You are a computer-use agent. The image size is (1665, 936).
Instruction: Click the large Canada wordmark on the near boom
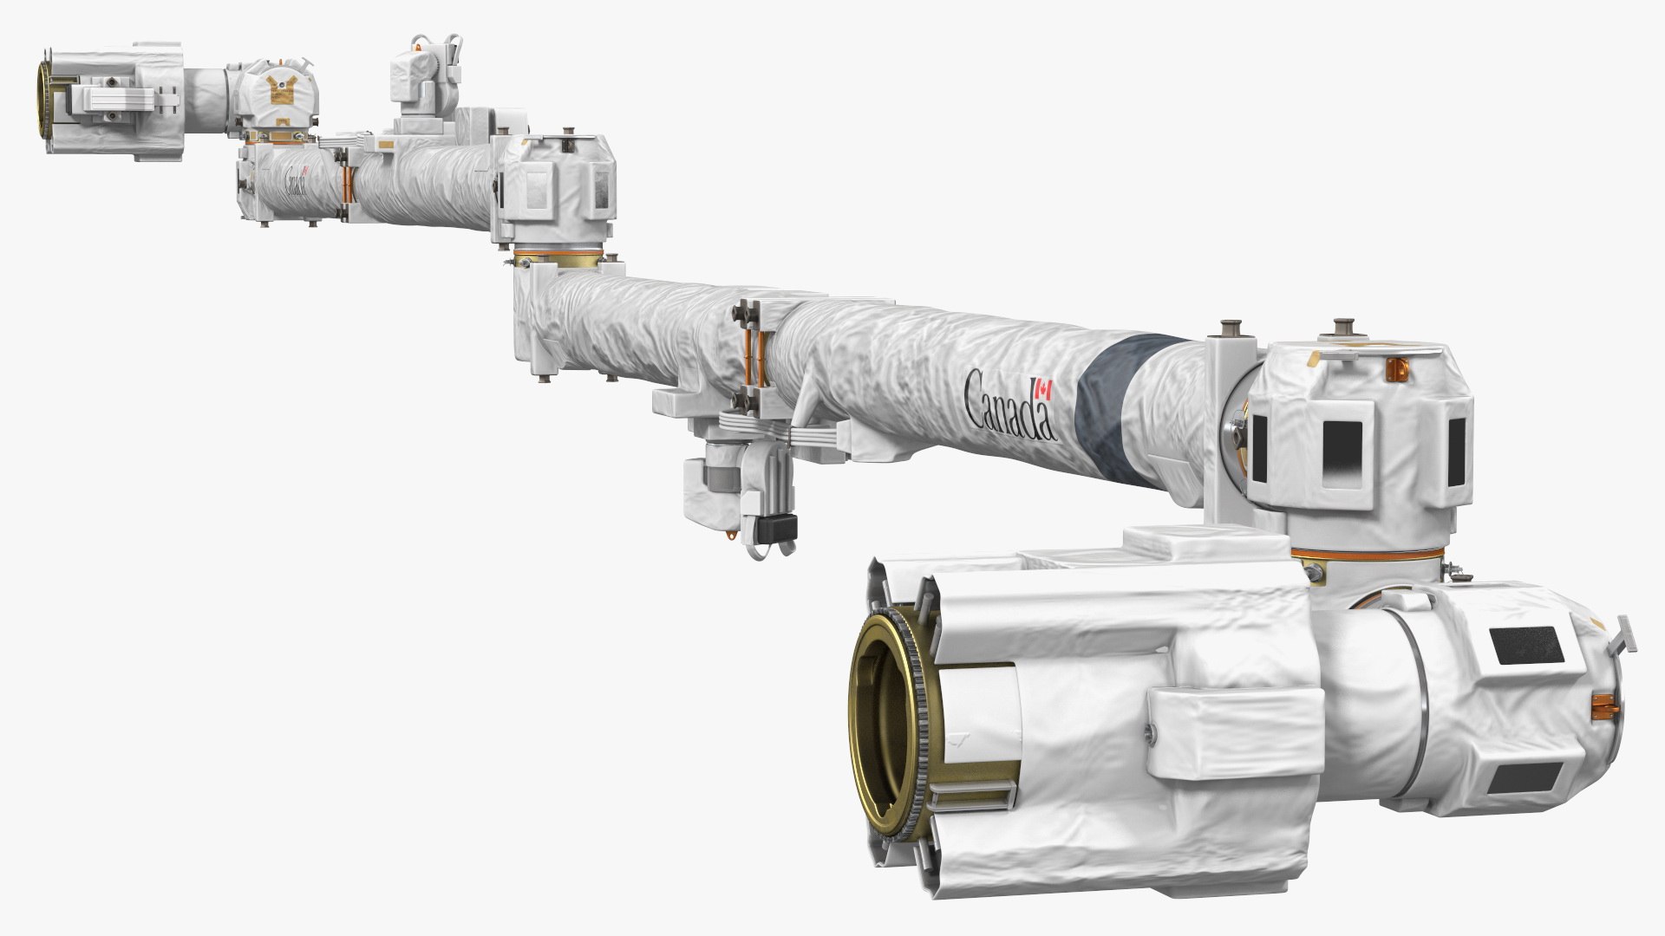tap(1009, 404)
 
